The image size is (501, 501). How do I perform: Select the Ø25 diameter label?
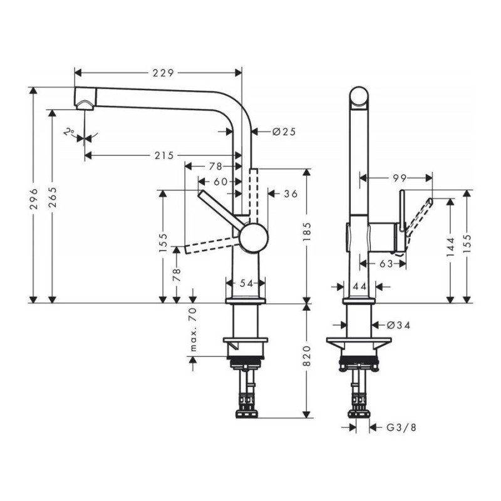pos(284,132)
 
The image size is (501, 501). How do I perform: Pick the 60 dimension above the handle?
pos(219,181)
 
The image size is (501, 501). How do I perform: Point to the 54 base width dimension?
pos(246,284)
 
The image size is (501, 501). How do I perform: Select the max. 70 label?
pos(194,331)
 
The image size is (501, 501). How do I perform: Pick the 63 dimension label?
pos(386,264)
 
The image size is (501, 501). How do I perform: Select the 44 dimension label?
pos(359,286)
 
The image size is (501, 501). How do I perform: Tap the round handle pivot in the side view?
pos(253,238)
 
